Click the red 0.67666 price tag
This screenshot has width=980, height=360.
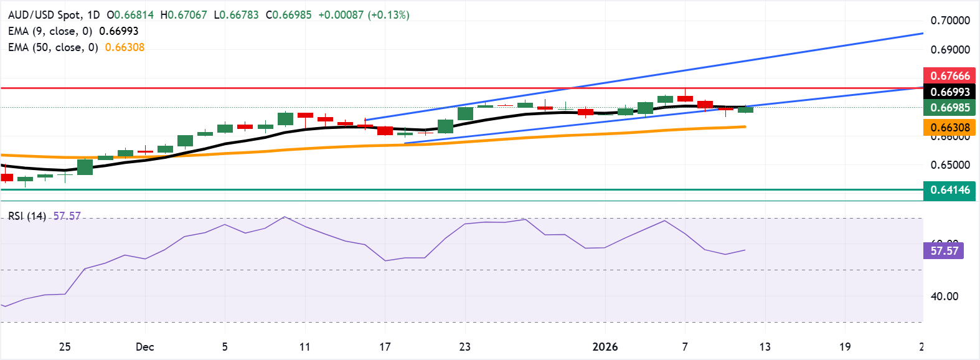(949, 76)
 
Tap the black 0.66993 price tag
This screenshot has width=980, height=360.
(949, 92)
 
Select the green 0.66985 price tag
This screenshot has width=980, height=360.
(949, 108)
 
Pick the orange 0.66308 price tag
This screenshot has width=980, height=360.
(949, 128)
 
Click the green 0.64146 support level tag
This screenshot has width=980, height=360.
(949, 190)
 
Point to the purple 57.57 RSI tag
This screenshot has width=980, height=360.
(944, 251)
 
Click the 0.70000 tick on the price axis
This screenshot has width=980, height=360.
(950, 21)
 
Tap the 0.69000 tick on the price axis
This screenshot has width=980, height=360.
(950, 50)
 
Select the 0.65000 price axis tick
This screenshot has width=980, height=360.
(950, 165)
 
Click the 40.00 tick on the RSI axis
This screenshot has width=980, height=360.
(944, 296)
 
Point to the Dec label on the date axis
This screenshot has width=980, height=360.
(144, 347)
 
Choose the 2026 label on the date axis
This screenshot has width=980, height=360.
(605, 347)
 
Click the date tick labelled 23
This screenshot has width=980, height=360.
(464, 347)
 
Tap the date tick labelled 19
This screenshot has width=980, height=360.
(844, 347)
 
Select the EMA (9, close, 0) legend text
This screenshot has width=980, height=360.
(50, 31)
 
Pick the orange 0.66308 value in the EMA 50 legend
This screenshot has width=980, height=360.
(125, 47)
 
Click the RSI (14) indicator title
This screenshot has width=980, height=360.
(27, 216)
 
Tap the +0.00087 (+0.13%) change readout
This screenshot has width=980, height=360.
(364, 15)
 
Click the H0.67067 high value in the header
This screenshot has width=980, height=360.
(184, 15)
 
